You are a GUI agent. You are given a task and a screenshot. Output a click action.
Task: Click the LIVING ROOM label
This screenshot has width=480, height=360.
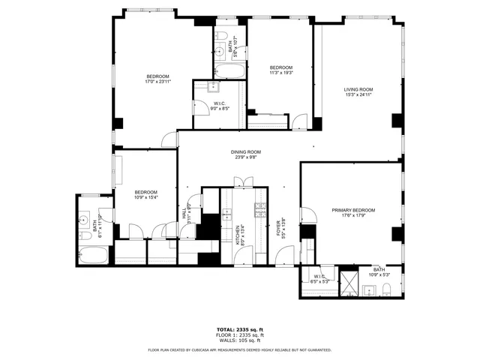358,90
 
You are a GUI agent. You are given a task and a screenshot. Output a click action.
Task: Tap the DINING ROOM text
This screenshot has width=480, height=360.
247,152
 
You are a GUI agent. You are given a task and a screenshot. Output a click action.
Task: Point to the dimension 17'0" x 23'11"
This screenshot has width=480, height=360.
157,82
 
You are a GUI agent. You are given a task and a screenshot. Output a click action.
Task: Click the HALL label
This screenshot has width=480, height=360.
184,213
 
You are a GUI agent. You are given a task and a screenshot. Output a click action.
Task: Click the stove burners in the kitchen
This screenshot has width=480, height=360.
259,212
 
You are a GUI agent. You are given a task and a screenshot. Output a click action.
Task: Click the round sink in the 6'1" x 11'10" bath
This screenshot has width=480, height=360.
82,220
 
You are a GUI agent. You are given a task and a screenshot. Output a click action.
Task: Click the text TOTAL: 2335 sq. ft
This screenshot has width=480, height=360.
240,329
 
